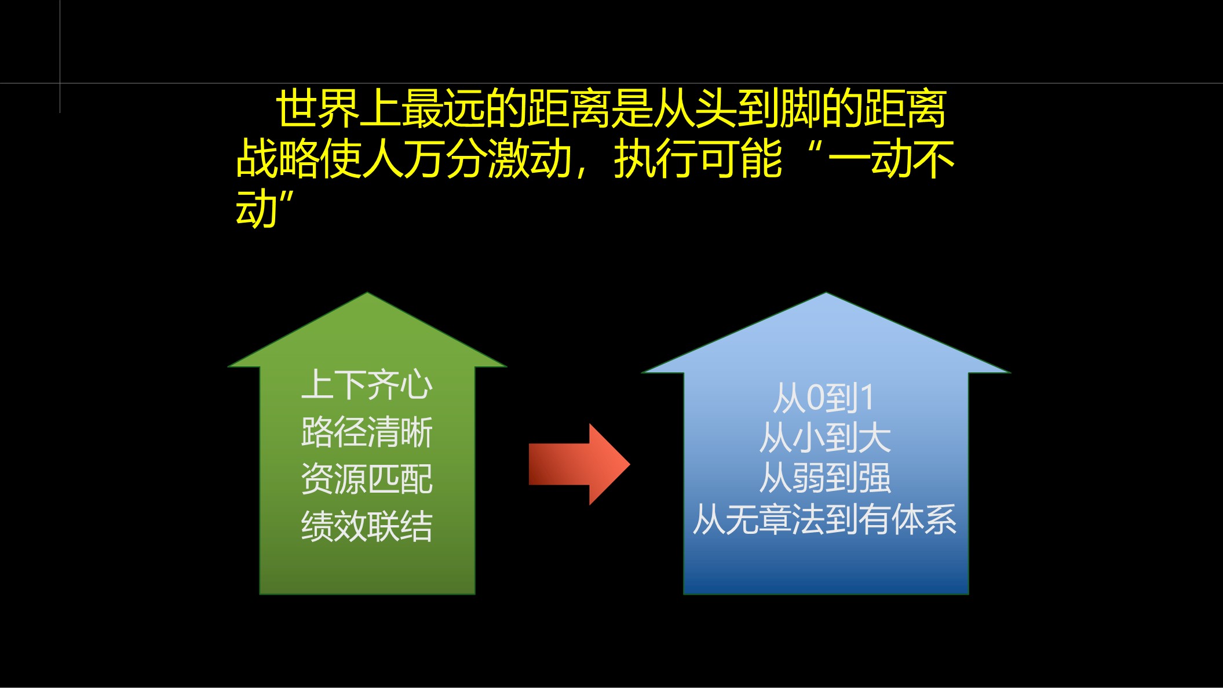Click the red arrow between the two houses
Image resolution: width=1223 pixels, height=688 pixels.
click(x=579, y=464)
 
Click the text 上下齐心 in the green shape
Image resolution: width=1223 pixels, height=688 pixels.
click(x=367, y=384)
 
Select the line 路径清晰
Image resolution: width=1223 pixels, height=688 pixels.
click(x=367, y=432)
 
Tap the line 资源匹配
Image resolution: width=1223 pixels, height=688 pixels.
click(x=367, y=479)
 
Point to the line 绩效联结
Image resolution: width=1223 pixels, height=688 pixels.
click(x=367, y=526)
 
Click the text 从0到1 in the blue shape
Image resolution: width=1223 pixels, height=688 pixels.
click(x=824, y=398)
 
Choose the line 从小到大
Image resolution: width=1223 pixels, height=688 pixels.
click(x=825, y=438)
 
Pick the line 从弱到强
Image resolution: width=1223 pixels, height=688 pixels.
click(x=825, y=478)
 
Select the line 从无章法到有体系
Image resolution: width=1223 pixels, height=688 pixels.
click(x=824, y=519)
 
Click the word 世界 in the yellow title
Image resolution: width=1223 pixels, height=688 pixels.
click(x=317, y=108)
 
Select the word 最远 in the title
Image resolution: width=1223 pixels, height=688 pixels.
click(x=443, y=108)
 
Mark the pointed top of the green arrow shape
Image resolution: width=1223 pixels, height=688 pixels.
click(x=367, y=293)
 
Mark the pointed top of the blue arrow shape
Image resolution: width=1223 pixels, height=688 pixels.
click(x=826, y=293)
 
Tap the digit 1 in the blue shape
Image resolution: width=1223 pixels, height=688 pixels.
click(x=867, y=399)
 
